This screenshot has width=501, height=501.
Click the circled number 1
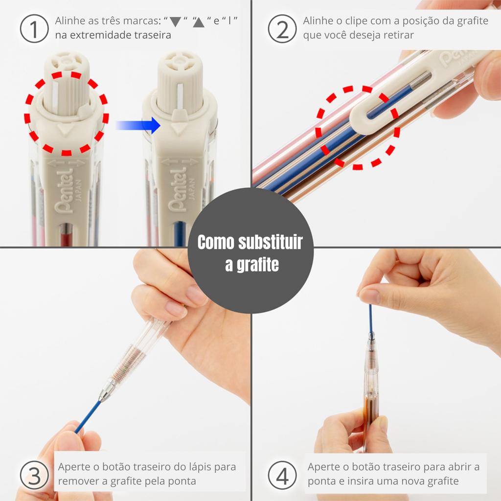point(34,28)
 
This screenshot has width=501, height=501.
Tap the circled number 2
point(282,28)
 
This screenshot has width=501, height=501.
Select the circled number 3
point(34,475)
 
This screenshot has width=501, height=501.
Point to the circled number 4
point(282,475)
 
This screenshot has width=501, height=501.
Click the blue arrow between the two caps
point(138,125)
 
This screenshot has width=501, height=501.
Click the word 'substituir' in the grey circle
point(270,242)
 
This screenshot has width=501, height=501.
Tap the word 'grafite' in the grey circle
point(257,265)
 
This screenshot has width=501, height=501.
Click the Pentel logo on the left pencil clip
point(64,191)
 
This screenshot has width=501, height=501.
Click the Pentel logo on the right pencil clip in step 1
point(178,190)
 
